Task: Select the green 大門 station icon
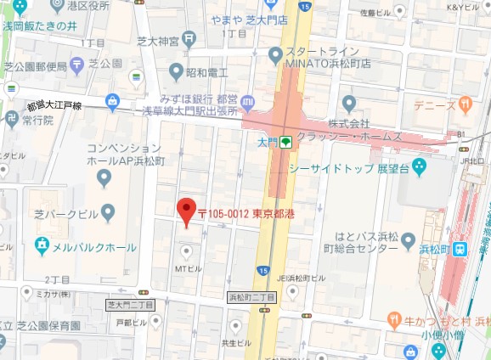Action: point(287,142)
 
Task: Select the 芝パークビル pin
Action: point(107,211)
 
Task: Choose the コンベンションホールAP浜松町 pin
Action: point(104,177)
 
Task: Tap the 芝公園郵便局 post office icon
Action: point(78,64)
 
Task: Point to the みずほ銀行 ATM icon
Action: point(247,103)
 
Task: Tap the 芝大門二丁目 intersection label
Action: point(130,304)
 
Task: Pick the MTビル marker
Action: point(187,251)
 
